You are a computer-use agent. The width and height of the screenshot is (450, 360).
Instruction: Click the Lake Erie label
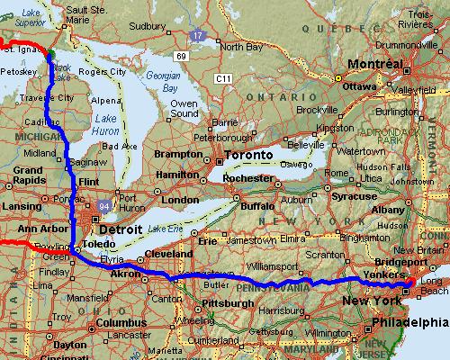point(164,231)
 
